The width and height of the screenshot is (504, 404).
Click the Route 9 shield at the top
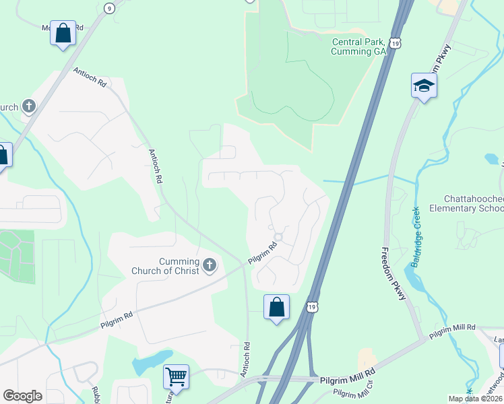click(109, 7)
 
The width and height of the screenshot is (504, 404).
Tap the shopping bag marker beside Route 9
click(63, 33)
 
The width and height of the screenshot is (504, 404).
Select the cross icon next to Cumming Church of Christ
click(210, 265)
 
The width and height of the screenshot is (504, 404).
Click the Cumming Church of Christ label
click(179, 266)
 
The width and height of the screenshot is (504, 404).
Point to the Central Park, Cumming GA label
click(358, 46)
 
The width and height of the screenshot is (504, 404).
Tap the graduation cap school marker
click(424, 86)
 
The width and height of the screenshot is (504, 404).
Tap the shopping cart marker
click(176, 376)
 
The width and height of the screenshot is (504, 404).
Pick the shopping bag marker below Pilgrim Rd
click(276, 308)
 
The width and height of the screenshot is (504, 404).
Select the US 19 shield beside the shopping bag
click(311, 307)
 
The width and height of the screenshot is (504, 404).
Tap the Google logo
click(22, 396)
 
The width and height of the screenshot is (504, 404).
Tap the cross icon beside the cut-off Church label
click(28, 106)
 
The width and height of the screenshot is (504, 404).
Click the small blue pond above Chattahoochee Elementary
click(491, 160)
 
